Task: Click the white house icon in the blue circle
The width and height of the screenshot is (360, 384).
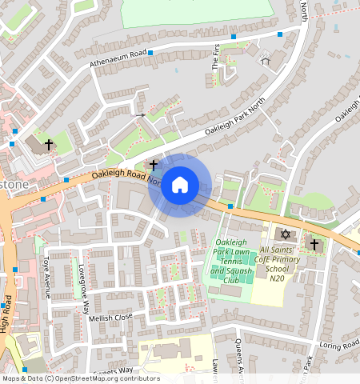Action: tap(180, 186)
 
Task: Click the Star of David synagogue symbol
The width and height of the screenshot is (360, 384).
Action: tap(285, 234)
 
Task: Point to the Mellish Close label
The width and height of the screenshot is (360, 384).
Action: tap(111, 318)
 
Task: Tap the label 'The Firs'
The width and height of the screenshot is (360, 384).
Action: tap(215, 58)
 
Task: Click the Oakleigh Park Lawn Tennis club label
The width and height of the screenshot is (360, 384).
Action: tap(231, 261)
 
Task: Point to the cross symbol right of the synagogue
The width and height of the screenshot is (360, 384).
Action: tap(314, 244)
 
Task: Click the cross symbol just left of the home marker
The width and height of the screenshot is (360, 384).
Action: tap(153, 164)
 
